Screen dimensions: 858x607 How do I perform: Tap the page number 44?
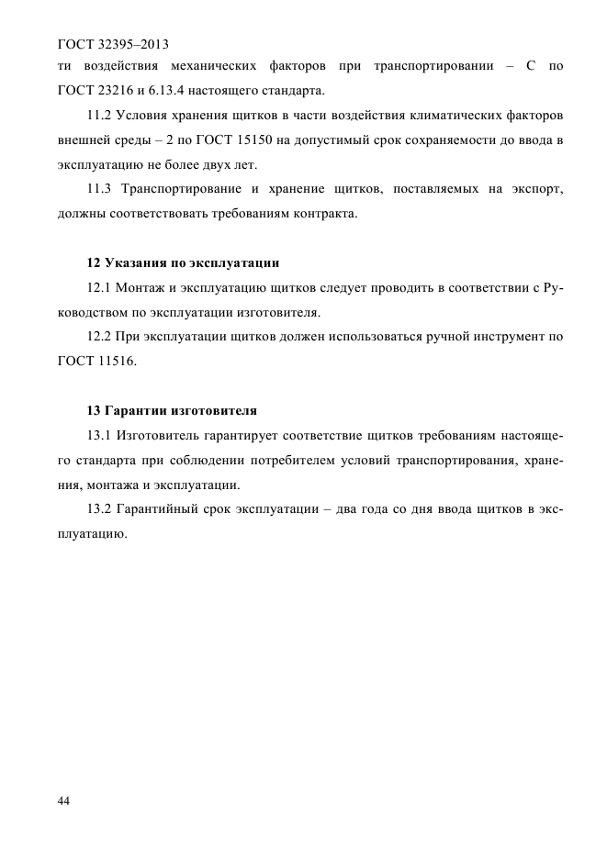pos(64,801)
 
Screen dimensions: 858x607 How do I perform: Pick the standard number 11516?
pos(119,361)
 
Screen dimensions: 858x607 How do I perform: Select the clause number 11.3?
pos(98,189)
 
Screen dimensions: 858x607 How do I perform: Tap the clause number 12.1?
pos(98,288)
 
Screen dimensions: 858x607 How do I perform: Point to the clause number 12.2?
pos(98,337)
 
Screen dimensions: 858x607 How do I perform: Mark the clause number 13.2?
pos(98,509)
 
